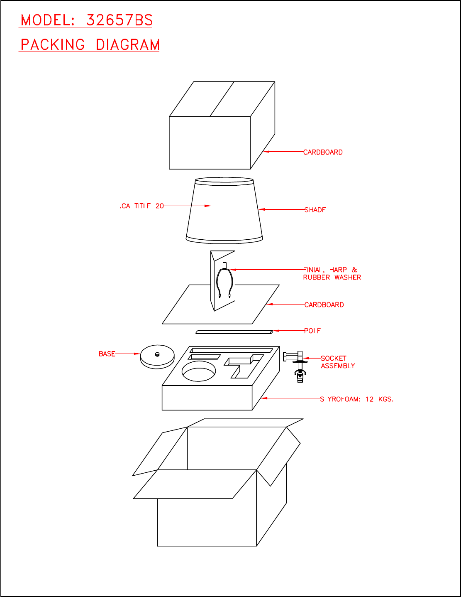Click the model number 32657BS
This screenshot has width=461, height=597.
[x=120, y=20]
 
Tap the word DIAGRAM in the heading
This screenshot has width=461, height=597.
[x=127, y=45]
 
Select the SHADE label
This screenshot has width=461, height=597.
[x=315, y=210]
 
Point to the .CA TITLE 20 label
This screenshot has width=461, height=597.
[x=141, y=206]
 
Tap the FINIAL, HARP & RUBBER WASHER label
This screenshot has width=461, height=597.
[x=332, y=273]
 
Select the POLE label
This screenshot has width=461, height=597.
[x=312, y=331]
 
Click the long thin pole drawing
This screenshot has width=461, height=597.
[x=234, y=332]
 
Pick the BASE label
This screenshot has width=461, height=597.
[x=107, y=354]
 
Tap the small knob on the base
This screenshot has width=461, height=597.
[x=157, y=354]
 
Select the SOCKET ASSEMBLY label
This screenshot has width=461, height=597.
[x=337, y=362]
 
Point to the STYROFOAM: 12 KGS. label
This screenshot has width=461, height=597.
[x=356, y=399]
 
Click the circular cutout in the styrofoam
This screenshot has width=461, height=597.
[x=199, y=371]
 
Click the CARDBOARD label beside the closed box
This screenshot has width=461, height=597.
[x=323, y=152]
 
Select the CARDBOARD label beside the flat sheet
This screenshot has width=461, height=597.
[x=324, y=305]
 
